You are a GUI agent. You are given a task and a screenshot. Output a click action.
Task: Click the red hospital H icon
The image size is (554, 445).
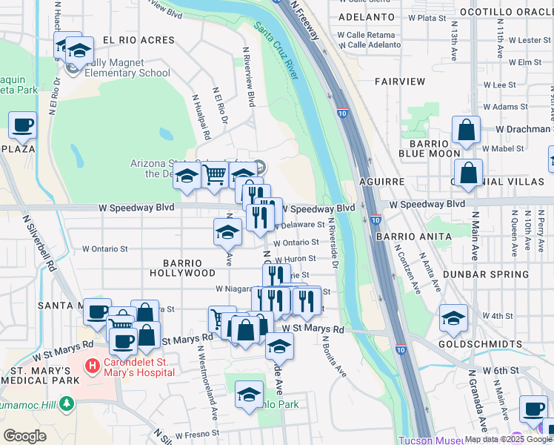coord(92,366)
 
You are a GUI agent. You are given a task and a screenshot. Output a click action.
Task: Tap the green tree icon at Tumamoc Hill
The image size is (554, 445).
coord(67,403)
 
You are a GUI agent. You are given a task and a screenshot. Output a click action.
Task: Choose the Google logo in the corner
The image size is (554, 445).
coord(25,436)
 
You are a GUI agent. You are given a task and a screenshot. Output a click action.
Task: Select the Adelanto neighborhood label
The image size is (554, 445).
coord(366,16)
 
